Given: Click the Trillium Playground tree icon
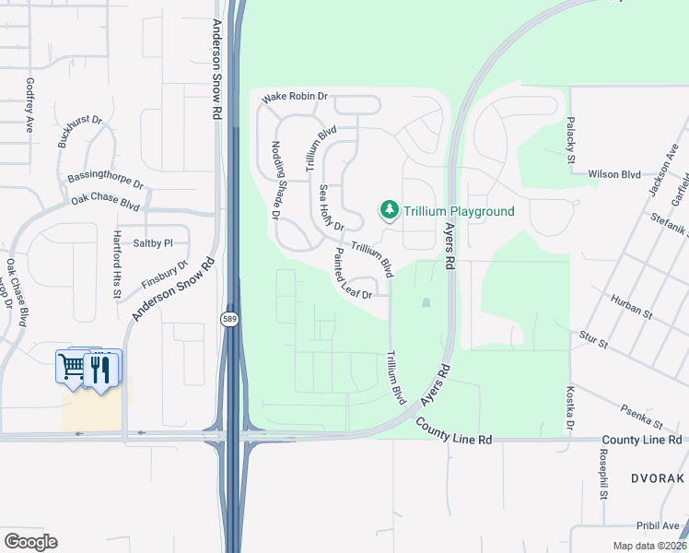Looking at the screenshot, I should click(390, 211).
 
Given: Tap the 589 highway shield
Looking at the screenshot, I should click(229, 319).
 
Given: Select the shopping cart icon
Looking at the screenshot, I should click(72, 366).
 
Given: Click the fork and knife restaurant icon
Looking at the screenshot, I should click(101, 370).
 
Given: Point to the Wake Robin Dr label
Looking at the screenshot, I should click(295, 97).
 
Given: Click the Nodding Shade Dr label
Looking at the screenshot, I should click(274, 180).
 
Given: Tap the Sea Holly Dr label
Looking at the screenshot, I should click(331, 208).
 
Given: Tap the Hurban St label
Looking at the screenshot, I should click(631, 306).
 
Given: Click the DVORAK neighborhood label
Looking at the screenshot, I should click(657, 479).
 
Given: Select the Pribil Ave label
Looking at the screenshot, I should click(658, 525).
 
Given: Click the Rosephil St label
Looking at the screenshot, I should click(603, 475).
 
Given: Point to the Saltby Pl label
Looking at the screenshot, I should click(153, 243).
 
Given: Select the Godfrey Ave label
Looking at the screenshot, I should click(29, 105).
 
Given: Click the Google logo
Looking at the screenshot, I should click(30, 541).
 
